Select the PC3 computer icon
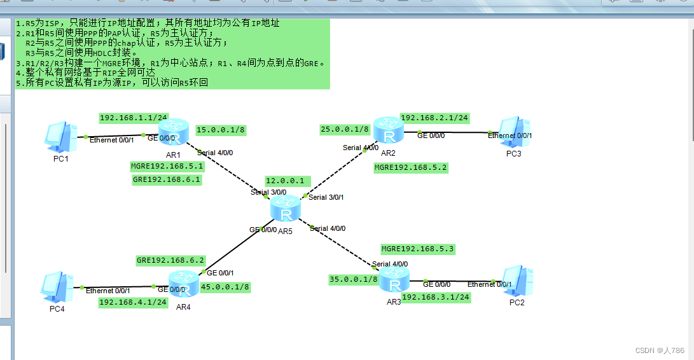tap(514, 132)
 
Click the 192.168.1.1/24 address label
tap(134, 118)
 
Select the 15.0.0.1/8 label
tap(221, 130)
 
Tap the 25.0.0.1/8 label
tap(345, 129)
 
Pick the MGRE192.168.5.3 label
tap(418, 249)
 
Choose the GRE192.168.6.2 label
tap(170, 260)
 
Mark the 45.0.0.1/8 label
tap(225, 287)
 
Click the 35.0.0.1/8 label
tap(354, 279)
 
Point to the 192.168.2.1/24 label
tap(434, 118)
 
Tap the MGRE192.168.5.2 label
tap(411, 167)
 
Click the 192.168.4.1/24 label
tap(133, 302)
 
